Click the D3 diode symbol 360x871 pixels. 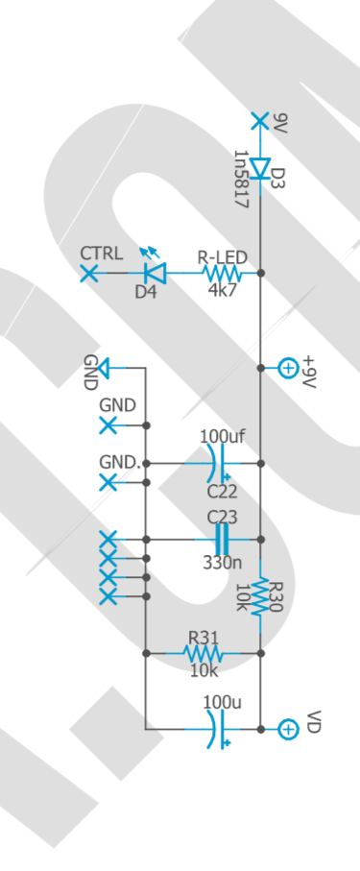tap(260, 168)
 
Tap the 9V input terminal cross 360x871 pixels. tap(260, 121)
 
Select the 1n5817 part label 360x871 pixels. tap(241, 180)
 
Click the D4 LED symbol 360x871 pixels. tap(154, 273)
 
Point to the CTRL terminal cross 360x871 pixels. tap(89, 274)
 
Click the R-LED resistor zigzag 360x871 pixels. tap(222, 273)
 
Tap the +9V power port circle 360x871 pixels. tap(288, 368)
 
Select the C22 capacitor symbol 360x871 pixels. tap(217, 463)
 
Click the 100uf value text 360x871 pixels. tap(222, 437)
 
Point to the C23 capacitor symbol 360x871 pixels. tap(222, 540)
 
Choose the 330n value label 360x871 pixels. tap(222, 562)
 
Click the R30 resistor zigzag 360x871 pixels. tap(260, 596)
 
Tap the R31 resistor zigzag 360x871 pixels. tap(203, 653)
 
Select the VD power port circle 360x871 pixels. tap(287, 729)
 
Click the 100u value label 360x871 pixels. tap(222, 702)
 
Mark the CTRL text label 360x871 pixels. tap(102, 254)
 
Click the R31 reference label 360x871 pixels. tap(204, 637)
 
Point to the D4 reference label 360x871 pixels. tap(146, 291)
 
